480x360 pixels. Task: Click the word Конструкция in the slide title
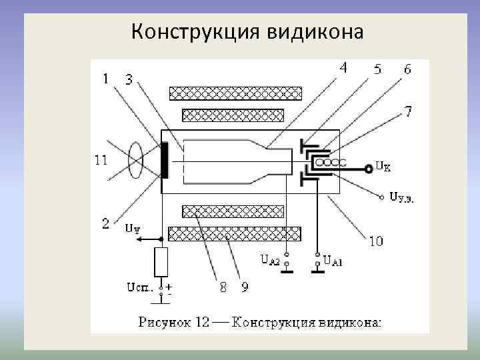(x=189, y=31)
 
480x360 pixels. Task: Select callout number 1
(x=106, y=79)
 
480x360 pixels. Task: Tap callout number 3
(x=129, y=80)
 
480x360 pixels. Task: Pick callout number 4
(x=343, y=67)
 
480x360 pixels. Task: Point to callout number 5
(x=377, y=69)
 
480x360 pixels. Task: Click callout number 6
(x=407, y=69)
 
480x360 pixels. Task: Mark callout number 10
(x=376, y=241)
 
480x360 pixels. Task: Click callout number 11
(x=100, y=159)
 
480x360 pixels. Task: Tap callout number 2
(x=105, y=225)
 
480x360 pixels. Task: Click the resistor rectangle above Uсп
(x=160, y=261)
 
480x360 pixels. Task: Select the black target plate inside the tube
(x=164, y=160)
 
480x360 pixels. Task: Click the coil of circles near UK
(x=331, y=162)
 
